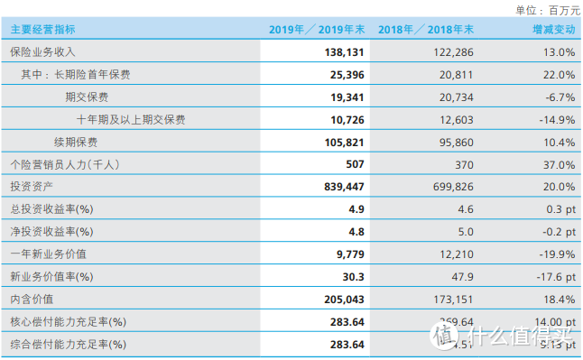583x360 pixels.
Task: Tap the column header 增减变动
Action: tap(553, 30)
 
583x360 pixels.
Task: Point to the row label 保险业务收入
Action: tap(42, 52)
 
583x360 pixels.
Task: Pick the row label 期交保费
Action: tap(87, 97)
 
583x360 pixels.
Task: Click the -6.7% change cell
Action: tap(557, 97)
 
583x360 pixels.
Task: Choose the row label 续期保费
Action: tap(76, 142)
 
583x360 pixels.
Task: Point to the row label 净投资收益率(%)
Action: tap(51, 231)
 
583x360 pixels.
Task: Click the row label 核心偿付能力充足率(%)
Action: tap(68, 321)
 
